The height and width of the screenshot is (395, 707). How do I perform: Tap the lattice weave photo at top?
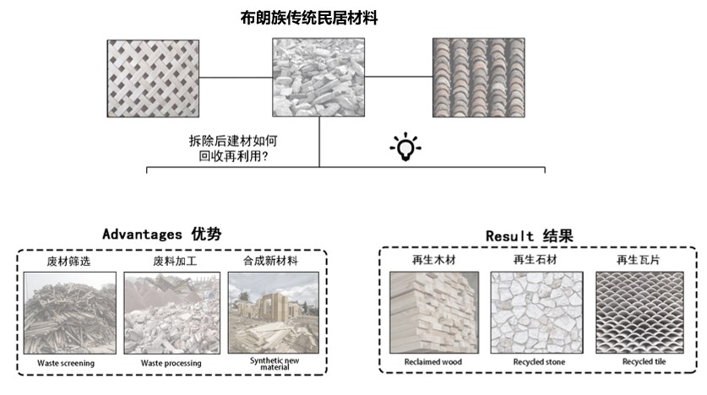153,78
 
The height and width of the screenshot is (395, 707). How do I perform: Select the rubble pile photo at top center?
318,78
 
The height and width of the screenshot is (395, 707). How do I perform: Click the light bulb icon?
405,148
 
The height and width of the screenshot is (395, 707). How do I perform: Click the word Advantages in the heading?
140,234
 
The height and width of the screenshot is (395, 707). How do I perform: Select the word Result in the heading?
510,235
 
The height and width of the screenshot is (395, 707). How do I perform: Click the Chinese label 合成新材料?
271,261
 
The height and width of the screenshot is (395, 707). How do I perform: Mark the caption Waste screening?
66,363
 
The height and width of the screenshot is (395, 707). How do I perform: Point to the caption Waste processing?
171,363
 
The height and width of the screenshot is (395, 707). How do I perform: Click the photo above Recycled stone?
536,311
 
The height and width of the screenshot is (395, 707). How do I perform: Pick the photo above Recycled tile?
638,311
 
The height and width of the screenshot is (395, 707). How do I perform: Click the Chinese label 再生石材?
536,260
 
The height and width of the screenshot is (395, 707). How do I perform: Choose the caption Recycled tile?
638,363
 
